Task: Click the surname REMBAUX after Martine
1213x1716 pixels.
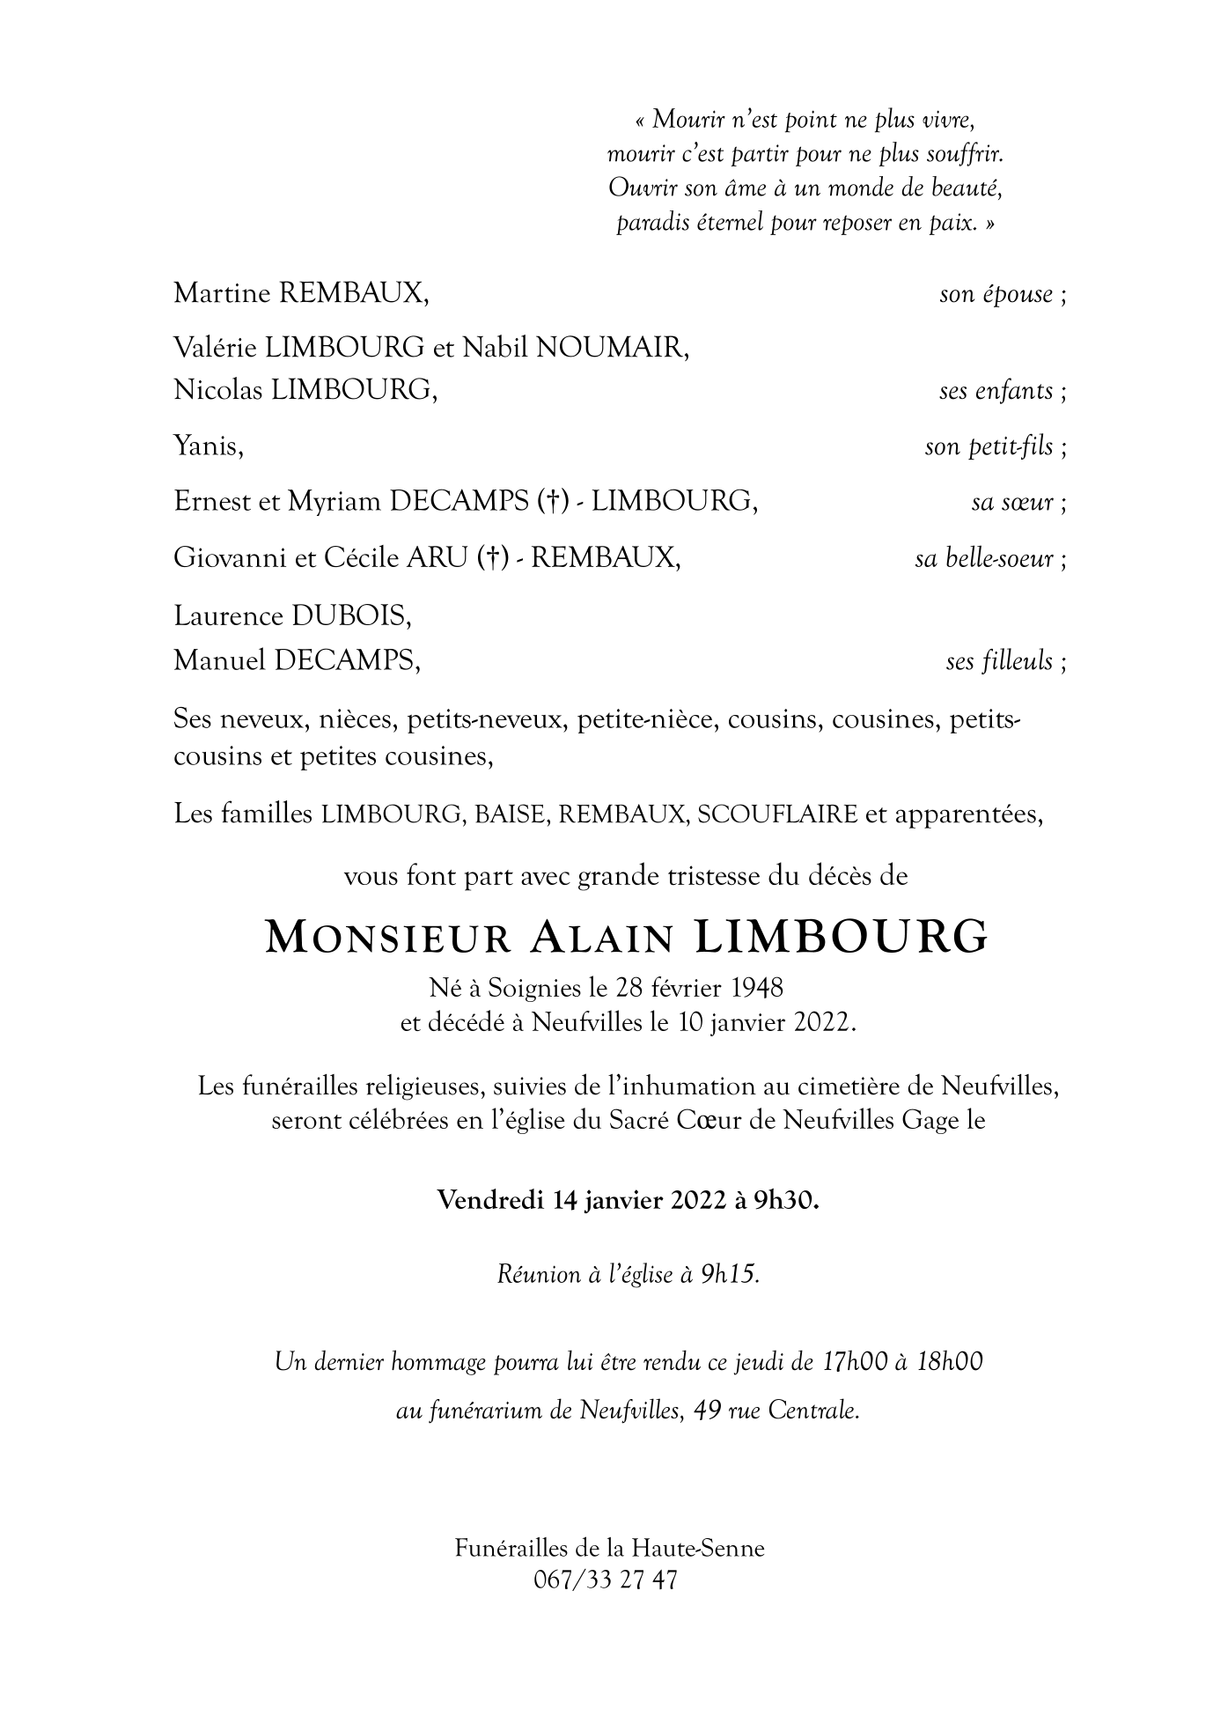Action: tap(353, 293)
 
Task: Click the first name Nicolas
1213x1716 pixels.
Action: tap(217, 389)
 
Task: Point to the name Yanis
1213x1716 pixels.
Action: tap(208, 446)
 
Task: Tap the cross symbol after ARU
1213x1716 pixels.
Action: tap(493, 558)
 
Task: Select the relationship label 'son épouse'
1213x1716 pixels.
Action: tap(996, 294)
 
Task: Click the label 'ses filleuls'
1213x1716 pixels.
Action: tap(999, 660)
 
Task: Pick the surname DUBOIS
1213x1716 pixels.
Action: tap(352, 615)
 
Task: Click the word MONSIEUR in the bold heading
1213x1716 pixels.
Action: tap(387, 939)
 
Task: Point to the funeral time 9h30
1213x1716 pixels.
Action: tap(786, 1199)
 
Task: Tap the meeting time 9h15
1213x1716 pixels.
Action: tap(730, 1275)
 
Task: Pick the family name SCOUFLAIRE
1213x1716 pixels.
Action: tap(777, 814)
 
